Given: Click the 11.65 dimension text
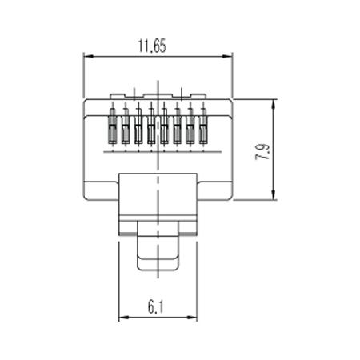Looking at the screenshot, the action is pos(152,46).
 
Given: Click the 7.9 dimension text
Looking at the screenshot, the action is pos(262,152).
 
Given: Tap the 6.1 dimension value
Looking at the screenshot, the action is pos(156,306).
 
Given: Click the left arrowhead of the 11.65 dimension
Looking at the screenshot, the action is pos(89,56).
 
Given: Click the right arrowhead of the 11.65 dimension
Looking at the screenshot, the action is pos(227,56).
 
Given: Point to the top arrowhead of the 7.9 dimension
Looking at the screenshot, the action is pos(274,104).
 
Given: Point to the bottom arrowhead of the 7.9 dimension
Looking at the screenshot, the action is pos(274,194).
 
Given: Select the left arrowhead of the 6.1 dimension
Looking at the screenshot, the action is pos(124,318).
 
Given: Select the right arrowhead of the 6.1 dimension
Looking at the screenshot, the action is pos(192,318).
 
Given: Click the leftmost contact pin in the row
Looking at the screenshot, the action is pos(113,126).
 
